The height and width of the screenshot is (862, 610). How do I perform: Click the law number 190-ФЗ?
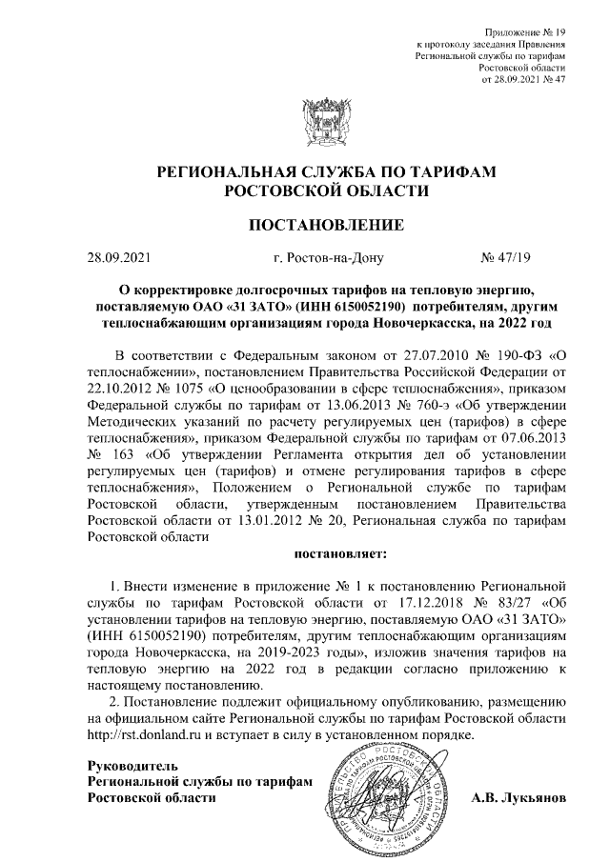pos(515,354)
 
